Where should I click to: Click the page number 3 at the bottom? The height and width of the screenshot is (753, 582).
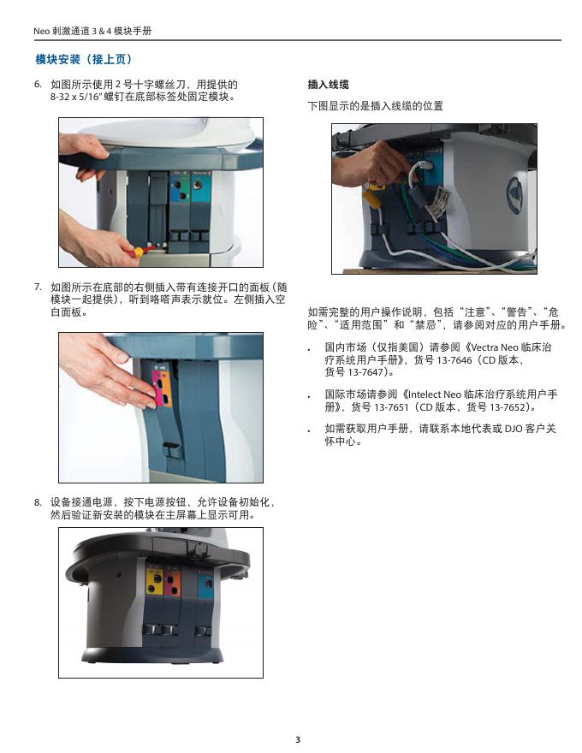[x=297, y=739]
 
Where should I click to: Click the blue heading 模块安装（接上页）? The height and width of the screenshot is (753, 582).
[x=84, y=59]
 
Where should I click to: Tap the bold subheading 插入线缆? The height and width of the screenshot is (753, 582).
[x=328, y=85]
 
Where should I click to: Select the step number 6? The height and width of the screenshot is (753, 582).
[x=38, y=84]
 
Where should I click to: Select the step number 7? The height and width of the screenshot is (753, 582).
[x=38, y=287]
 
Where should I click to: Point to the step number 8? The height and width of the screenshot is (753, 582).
[x=38, y=502]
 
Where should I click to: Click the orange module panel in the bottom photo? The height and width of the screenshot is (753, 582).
[x=171, y=580]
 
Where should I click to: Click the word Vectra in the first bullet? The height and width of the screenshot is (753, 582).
[x=484, y=347]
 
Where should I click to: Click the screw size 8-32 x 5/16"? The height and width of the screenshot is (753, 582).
[x=76, y=97]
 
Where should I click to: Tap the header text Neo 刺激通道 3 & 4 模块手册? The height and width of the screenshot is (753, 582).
[x=92, y=31]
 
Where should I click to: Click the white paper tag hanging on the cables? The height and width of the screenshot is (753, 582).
[x=442, y=199]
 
